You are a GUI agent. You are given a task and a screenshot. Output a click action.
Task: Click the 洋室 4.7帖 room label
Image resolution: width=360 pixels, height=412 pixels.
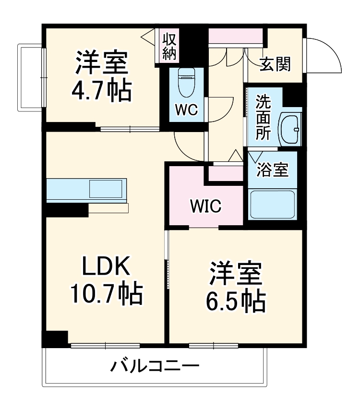point(101,76)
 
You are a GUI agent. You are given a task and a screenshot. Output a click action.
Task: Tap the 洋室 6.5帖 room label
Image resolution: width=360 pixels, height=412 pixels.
point(236,287)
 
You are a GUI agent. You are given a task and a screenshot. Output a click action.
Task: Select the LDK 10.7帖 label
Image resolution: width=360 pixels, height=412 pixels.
point(106,279)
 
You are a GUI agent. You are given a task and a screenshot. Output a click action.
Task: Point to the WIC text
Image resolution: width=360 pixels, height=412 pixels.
point(205,206)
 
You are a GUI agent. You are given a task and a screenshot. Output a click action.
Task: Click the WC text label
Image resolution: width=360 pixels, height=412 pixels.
point(186,110)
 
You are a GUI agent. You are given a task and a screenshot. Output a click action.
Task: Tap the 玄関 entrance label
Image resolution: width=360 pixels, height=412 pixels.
point(275,64)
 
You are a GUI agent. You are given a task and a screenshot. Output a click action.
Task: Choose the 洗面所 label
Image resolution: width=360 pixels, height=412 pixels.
point(263,118)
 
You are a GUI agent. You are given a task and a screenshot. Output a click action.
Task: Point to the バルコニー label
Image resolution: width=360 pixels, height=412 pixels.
point(155,367)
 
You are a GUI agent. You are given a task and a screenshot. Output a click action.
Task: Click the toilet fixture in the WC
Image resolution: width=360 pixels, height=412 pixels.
point(186,83)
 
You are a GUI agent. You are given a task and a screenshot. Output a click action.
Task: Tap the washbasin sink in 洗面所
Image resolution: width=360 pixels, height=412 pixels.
point(290,129)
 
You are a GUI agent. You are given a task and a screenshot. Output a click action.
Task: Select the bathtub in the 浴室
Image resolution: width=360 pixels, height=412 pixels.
point(272,204)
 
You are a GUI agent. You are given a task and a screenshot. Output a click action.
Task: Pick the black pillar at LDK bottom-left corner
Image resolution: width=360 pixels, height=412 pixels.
point(55,339)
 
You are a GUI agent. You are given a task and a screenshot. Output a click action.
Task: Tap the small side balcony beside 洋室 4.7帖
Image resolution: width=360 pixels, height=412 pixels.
point(30,77)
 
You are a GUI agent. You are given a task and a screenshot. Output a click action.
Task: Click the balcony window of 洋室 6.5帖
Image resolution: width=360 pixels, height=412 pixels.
point(213,345)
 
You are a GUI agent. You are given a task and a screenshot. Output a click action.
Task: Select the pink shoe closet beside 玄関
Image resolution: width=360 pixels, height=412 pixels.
point(236,36)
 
